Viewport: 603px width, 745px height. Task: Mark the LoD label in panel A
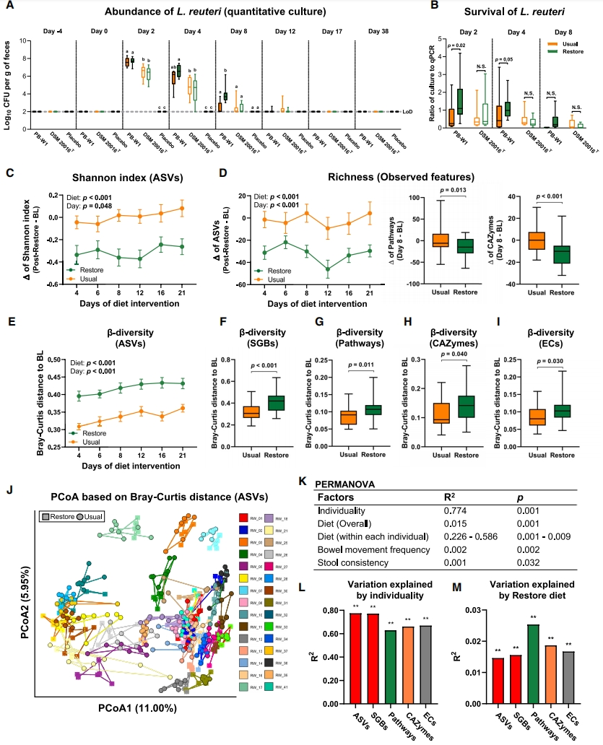(408, 113)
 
